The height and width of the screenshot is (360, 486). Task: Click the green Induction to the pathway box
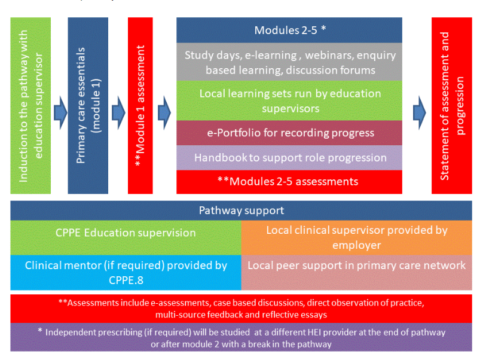coord(30,106)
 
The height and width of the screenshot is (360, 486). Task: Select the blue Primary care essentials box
coord(88,106)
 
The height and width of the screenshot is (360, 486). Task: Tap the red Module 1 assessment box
coord(140,106)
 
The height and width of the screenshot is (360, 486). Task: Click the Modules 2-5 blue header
coord(289,30)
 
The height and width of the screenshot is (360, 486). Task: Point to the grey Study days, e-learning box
coord(289,62)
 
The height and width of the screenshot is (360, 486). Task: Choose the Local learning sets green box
coord(289,100)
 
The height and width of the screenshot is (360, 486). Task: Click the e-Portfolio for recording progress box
coord(289,133)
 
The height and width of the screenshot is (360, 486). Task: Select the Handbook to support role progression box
coord(289,158)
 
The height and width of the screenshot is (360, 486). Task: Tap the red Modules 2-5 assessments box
coord(289,181)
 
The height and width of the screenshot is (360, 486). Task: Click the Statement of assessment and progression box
coord(451,106)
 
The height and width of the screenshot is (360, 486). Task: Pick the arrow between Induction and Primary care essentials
coord(60,111)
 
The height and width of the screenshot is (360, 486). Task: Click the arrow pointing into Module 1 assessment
coord(118,111)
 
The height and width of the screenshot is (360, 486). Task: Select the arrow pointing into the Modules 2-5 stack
coord(164,111)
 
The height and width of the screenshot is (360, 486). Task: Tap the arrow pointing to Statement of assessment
coord(419,111)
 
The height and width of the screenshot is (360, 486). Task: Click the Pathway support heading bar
coord(241,210)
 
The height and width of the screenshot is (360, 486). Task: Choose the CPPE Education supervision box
coord(126,233)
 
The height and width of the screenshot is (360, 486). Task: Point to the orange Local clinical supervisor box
coord(356,237)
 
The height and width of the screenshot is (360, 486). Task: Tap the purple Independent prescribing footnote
coord(241,338)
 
